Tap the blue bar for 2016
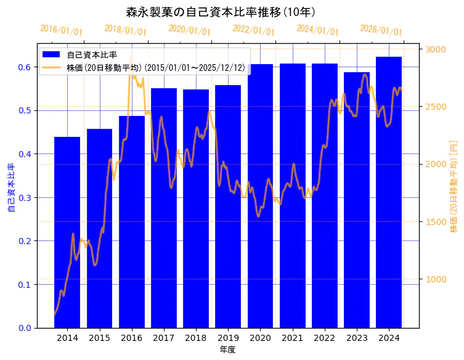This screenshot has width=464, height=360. (x=132, y=222)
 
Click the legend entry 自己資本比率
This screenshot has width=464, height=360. (x=92, y=55)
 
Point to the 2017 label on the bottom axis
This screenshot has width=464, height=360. (x=164, y=338)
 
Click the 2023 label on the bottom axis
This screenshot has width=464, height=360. (x=357, y=338)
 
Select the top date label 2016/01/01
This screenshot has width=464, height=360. (x=61, y=30)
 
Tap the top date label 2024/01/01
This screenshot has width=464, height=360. (x=317, y=30)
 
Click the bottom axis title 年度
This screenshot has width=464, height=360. (x=228, y=350)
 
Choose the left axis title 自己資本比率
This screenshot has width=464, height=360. (x=10, y=187)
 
